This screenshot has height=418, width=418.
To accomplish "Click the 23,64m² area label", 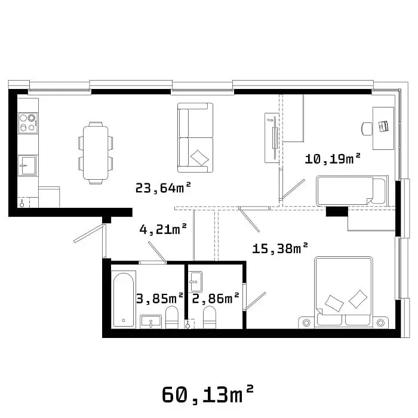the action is click(163, 188).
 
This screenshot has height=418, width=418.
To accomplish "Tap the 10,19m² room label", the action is click(333, 159).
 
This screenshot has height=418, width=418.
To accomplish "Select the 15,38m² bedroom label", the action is click(280, 248).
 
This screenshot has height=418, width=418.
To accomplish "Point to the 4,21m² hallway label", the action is click(163, 229).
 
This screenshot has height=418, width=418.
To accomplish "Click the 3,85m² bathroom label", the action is click(159, 299).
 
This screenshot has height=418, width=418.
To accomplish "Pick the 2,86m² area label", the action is click(216, 299).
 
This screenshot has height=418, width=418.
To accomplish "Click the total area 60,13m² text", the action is click(207, 395).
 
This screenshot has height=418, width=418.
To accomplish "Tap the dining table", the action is click(96, 153).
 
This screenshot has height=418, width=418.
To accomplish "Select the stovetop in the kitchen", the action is click(28, 123).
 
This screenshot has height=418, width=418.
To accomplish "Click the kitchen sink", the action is click(27, 165).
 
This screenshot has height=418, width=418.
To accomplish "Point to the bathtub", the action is click(124, 300).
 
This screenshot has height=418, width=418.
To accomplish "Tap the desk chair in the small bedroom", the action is click(367, 129).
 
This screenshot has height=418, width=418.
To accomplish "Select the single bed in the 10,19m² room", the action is click(352, 191).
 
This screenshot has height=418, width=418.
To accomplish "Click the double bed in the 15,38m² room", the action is click(343, 293).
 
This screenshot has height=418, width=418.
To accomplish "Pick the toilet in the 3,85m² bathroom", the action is click(172, 317).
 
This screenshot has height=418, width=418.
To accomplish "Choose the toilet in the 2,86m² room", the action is click(210, 317).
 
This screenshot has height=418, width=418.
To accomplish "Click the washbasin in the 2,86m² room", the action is click(195, 281).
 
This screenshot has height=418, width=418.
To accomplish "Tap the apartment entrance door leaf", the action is click(89, 233).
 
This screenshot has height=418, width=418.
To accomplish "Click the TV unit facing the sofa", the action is click(272, 138).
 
